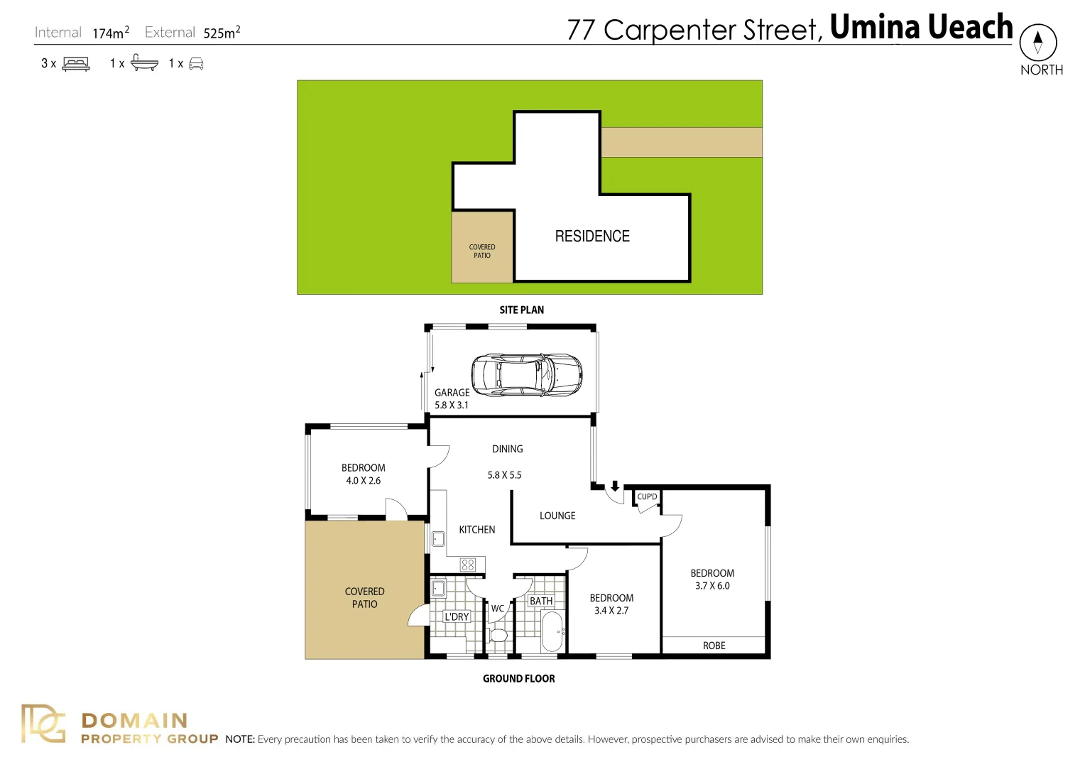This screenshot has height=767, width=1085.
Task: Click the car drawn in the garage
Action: coord(527,375)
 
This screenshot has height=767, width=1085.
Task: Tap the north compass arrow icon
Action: coord(1038,42)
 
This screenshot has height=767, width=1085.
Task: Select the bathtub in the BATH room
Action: coord(552,632)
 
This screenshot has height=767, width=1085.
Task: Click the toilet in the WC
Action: coord(498,634)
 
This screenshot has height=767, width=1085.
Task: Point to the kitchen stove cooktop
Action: coord(468,565)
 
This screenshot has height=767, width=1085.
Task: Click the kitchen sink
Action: coord(438,539)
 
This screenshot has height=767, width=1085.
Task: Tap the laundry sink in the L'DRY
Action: coord(438,588)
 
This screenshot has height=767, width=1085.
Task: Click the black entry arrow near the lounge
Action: coord(615,486)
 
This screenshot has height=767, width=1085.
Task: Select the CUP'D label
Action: coord(647,496)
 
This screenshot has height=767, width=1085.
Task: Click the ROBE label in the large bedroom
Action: coord(714,646)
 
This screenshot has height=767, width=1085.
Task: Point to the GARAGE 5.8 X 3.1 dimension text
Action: coord(452,398)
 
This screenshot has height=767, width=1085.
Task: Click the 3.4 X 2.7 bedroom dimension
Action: coord(611,611)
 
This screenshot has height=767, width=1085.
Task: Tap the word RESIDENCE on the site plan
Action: coord(592,236)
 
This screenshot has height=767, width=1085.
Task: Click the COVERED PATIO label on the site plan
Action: coord(482,251)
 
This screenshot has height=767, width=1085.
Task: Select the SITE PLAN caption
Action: coord(522,310)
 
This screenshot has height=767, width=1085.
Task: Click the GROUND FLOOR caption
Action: coord(519,679)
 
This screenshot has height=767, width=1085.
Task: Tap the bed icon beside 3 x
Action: coord(76,64)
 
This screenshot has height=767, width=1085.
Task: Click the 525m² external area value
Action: coord(222,33)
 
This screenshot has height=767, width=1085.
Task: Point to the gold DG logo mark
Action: coord(43,723)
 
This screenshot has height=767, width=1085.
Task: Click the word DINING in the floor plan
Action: coord(508,449)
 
